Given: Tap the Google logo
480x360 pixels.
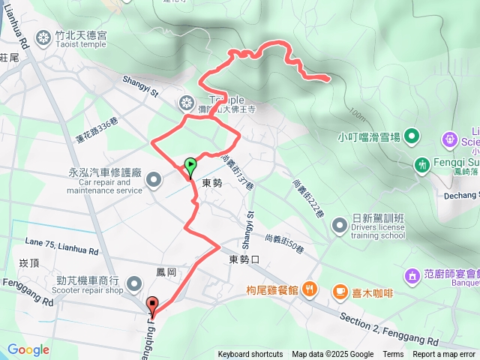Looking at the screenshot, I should pyautogui.click(x=28, y=349).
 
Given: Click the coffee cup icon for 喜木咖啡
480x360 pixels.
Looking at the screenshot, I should pyautogui.click(x=340, y=290).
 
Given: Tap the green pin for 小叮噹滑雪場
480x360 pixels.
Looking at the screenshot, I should pyautogui.click(x=411, y=136).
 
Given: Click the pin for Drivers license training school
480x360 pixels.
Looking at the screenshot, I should pyautogui.click(x=340, y=223).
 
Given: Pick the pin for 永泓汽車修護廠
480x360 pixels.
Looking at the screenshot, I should pyautogui.click(x=154, y=179).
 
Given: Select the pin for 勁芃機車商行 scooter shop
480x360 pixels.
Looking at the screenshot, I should pyautogui.click(x=134, y=283).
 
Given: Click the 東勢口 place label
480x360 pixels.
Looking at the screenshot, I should pyautogui.click(x=243, y=260).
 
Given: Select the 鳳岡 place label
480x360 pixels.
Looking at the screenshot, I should pyautogui.click(x=166, y=271).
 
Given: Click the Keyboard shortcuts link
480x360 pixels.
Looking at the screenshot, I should pyautogui.click(x=250, y=355).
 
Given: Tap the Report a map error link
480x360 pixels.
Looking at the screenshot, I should pyautogui.click(x=445, y=355).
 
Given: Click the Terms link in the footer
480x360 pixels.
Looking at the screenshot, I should pyautogui.click(x=393, y=355).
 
